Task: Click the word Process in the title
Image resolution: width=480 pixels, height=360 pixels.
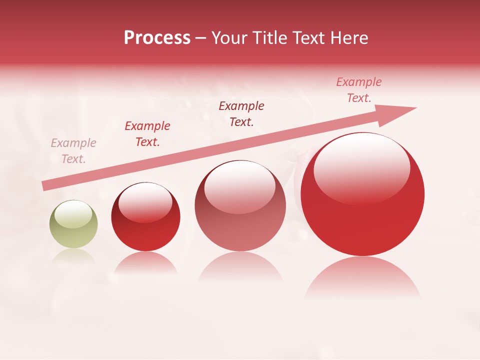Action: click(x=157, y=38)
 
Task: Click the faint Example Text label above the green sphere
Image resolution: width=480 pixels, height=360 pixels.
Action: click(x=73, y=151)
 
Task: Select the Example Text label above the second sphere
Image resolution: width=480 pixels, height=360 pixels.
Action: click(x=147, y=134)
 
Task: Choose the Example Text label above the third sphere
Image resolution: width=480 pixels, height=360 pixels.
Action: click(x=241, y=114)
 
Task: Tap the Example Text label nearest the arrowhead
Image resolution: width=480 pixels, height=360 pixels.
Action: click(x=359, y=90)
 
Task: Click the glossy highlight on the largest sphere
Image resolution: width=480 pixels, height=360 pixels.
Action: click(x=361, y=167)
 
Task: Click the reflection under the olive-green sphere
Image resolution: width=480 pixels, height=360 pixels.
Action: click(x=73, y=256)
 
